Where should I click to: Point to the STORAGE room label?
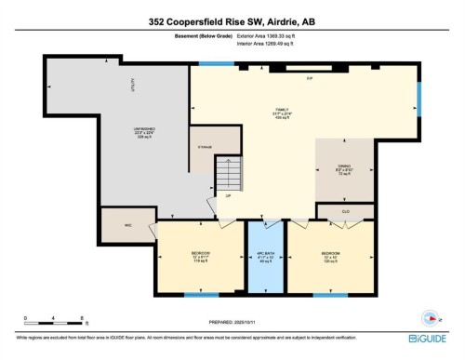[x=206, y=145]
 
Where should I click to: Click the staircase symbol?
[x=228, y=177]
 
